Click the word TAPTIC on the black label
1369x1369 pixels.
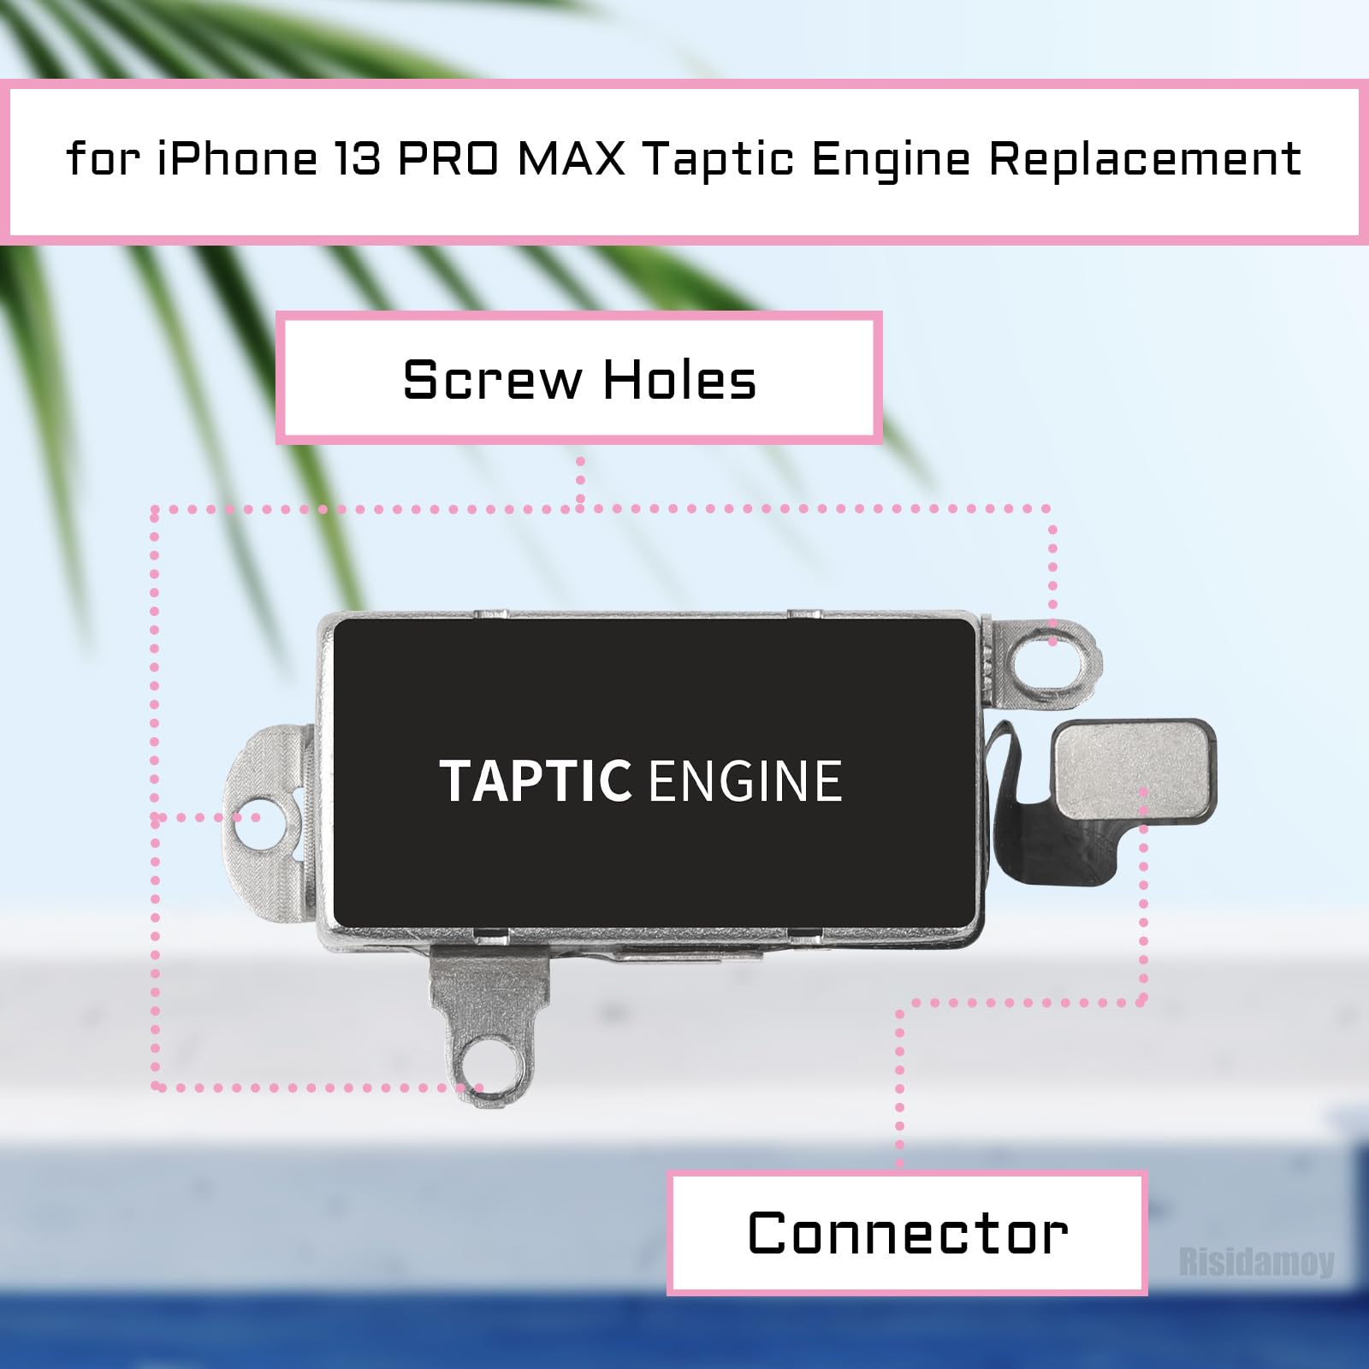pyautogui.click(x=536, y=780)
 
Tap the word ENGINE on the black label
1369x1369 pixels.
pyautogui.click(x=745, y=780)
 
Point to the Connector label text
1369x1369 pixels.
pyautogui.click(x=908, y=1233)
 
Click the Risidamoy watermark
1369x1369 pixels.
pyautogui.click(x=1256, y=1262)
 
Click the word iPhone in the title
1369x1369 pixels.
pyautogui.click(x=237, y=159)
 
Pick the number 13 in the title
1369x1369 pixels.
pyautogui.click(x=358, y=159)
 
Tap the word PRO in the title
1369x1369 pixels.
pyautogui.click(x=449, y=159)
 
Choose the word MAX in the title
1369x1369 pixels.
pyautogui.click(x=572, y=159)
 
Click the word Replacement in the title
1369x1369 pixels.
pyautogui.click(x=1145, y=159)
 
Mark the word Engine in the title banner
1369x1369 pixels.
pyautogui.click(x=891, y=159)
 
